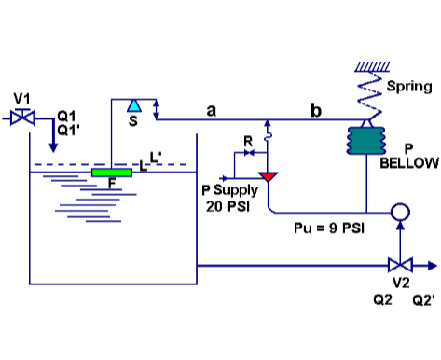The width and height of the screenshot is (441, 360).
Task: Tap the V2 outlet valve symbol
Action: point(399,264)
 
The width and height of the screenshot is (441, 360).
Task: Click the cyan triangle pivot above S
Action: point(134,104)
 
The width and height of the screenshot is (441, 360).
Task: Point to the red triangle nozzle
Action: point(269,174)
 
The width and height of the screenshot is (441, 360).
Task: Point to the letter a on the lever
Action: point(211,111)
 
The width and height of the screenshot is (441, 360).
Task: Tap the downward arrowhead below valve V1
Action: point(52,147)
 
